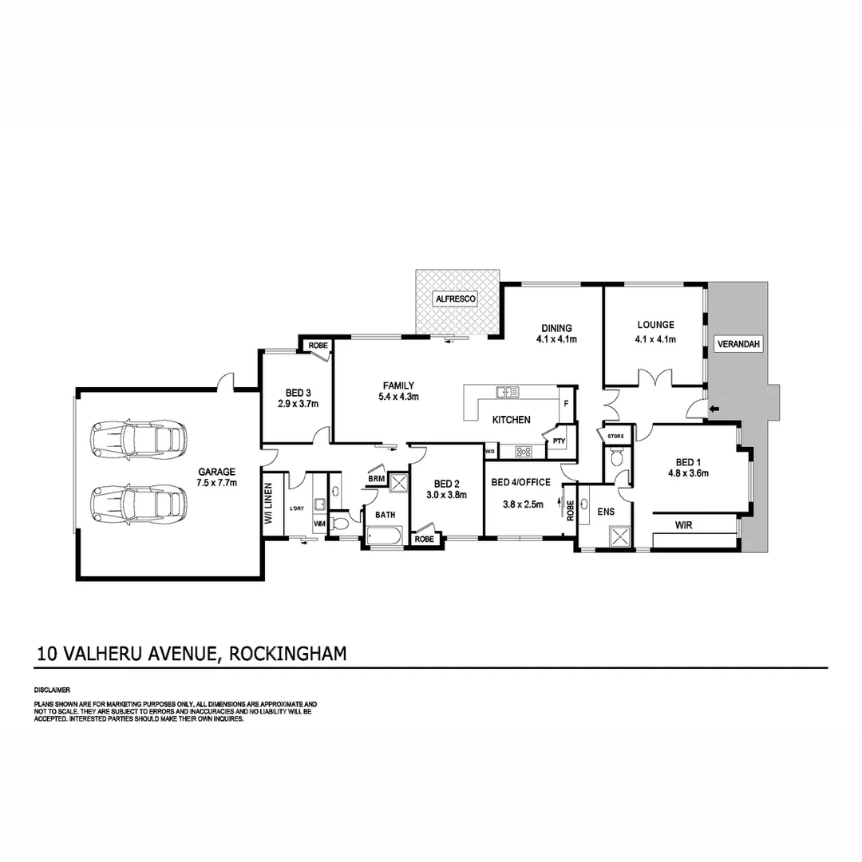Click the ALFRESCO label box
(455, 299)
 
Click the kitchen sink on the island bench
(507, 392)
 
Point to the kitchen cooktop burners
(524, 452)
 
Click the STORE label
(615, 436)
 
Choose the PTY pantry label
(558, 441)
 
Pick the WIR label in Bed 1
(683, 526)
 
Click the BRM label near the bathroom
(377, 479)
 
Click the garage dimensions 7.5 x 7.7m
(217, 482)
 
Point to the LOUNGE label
(655, 325)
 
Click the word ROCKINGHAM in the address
(287, 654)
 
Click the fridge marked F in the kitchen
(566, 404)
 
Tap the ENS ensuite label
(607, 512)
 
